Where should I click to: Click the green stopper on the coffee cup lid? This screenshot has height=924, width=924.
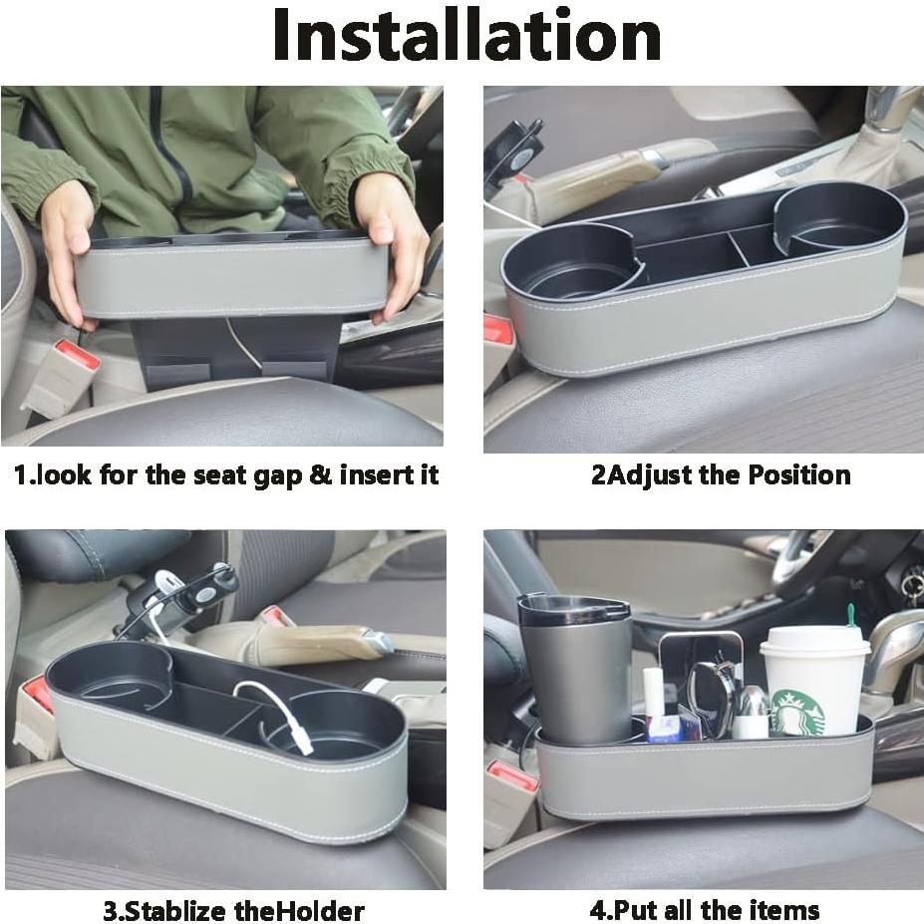(x=852, y=615)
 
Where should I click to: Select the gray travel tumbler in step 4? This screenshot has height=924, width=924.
(x=576, y=668)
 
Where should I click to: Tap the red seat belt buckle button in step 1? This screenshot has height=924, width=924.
(x=77, y=355)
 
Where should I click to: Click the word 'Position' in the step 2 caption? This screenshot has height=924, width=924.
(x=795, y=474)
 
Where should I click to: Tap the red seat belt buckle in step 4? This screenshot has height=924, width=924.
(x=512, y=774)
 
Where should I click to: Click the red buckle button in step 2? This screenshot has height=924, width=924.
(x=497, y=330)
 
